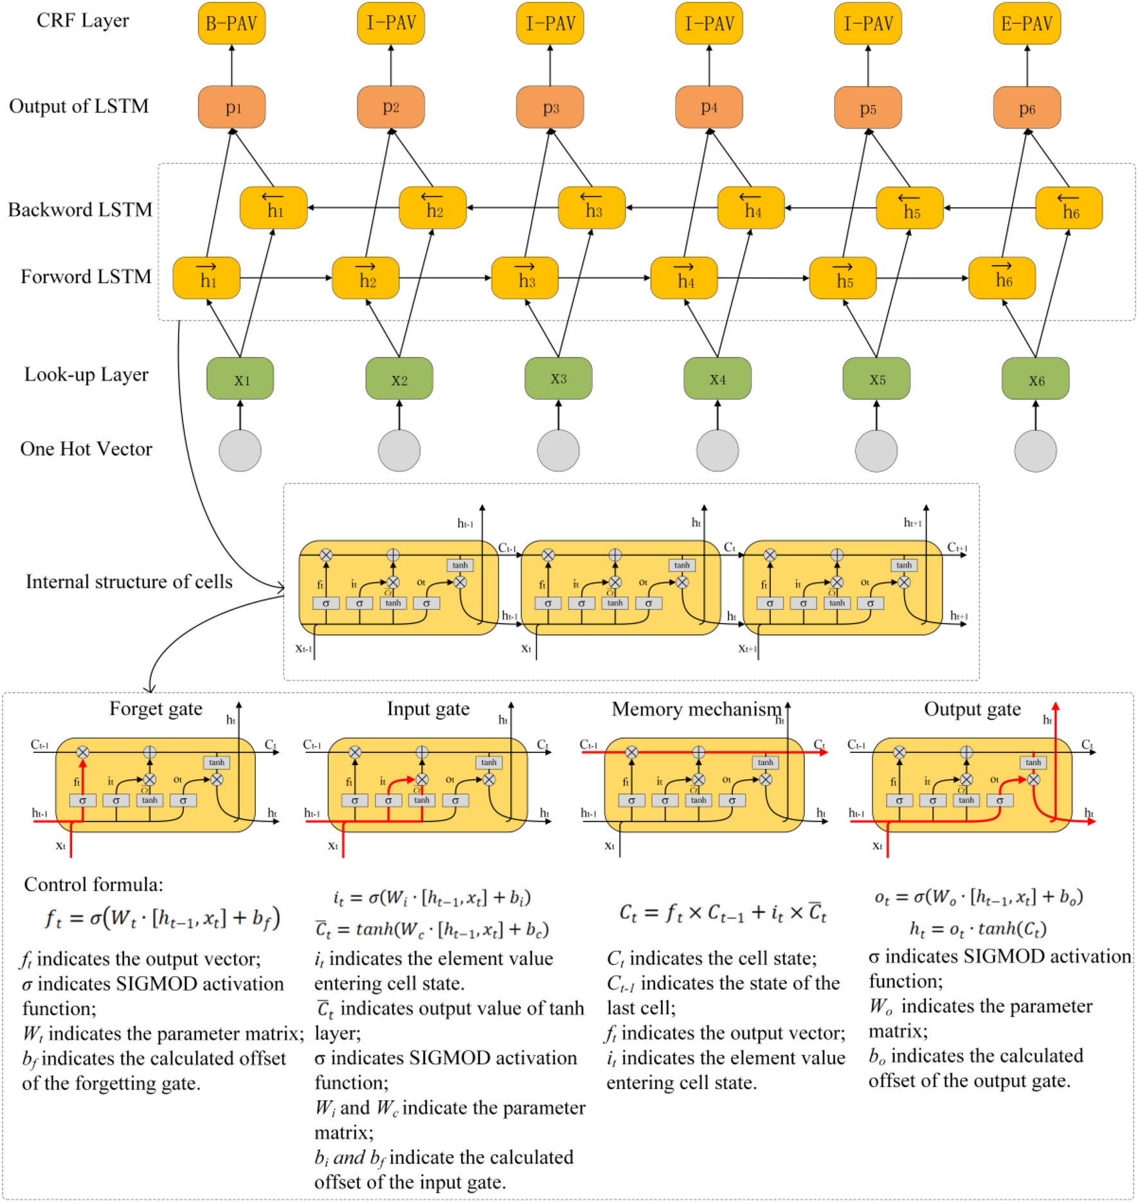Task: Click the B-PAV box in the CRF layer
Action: click(x=231, y=24)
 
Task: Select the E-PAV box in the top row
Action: click(x=1026, y=24)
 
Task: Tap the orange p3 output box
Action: click(x=550, y=107)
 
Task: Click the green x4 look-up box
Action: click(x=717, y=379)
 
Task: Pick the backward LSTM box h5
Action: click(x=909, y=208)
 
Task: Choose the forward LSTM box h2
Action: click(x=365, y=278)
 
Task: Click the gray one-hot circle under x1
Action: click(x=240, y=451)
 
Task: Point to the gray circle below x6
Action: click(x=1034, y=451)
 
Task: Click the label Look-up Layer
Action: click(x=86, y=374)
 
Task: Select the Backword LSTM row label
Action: click(x=80, y=210)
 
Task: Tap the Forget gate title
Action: click(x=156, y=709)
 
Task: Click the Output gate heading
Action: click(x=971, y=709)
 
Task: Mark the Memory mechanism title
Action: click(x=696, y=709)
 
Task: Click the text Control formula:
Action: click(x=93, y=885)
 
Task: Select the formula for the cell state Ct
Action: click(x=722, y=913)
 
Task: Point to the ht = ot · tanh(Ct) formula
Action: click(x=977, y=929)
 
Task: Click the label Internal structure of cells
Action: click(x=129, y=582)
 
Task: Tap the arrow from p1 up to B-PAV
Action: click(x=231, y=65)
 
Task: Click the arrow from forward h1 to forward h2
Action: click(x=286, y=278)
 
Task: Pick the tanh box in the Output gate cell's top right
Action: click(x=1033, y=763)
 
